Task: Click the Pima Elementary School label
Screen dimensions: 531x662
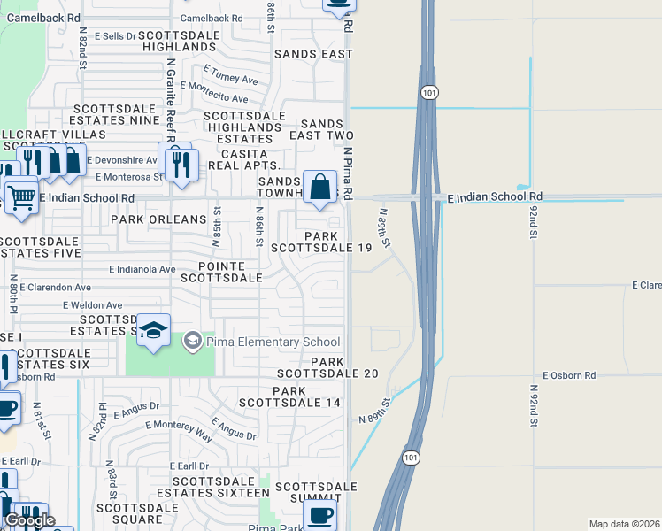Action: (273, 342)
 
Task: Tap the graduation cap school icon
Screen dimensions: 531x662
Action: (154, 330)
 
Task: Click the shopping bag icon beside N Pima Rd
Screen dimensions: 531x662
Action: (320, 187)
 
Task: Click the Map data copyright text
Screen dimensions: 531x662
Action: (624, 524)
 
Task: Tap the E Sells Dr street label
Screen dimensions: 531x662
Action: (108, 35)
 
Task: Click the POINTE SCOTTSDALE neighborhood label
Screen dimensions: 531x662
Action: (221, 272)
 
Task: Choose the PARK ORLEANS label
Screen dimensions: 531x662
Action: (158, 219)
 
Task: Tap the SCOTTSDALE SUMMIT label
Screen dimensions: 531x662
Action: (316, 493)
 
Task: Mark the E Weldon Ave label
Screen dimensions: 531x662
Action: (93, 305)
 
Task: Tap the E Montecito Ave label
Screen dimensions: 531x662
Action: (214, 92)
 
